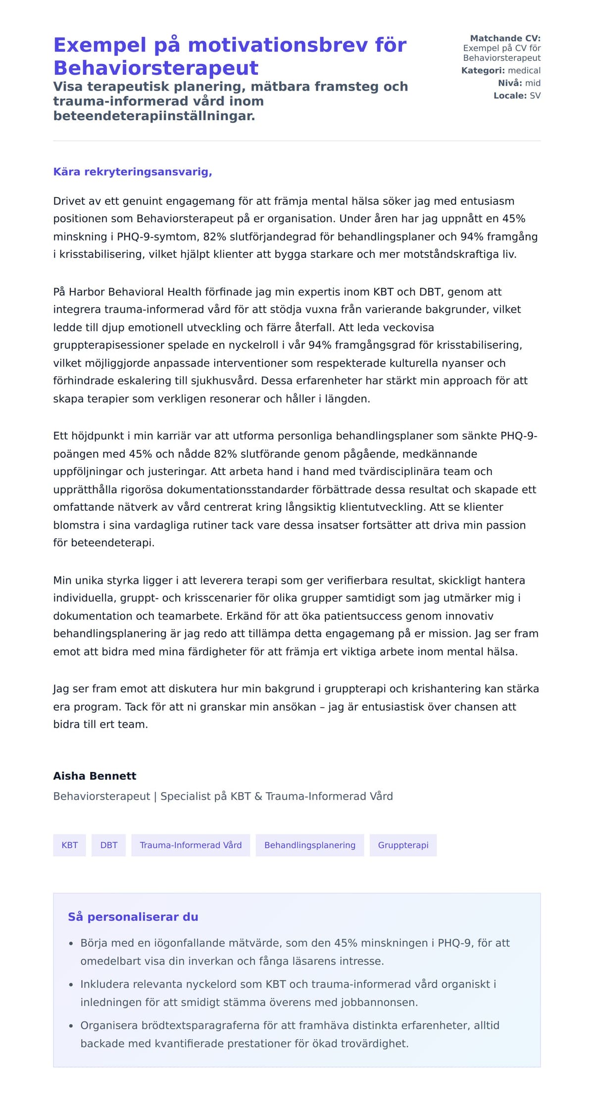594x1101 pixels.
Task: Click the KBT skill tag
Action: pyautogui.click(x=69, y=845)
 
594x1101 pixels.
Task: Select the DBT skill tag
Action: pyautogui.click(x=108, y=845)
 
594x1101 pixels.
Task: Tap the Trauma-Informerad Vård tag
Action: pyautogui.click(x=191, y=845)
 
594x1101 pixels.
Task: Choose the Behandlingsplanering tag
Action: pyautogui.click(x=309, y=845)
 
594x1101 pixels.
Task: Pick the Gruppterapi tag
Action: pyautogui.click(x=403, y=845)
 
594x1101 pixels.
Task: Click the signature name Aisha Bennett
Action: pyautogui.click(x=95, y=776)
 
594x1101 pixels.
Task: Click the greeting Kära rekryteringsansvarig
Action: pyautogui.click(x=132, y=172)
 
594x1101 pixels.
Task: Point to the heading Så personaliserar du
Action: pyautogui.click(x=133, y=917)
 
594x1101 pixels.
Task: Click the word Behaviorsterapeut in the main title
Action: pyautogui.click(x=156, y=68)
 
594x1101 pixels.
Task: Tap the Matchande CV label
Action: pyautogui.click(x=505, y=38)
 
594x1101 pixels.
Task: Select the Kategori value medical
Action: pyautogui.click(x=524, y=70)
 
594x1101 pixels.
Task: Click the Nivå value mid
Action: pyautogui.click(x=533, y=83)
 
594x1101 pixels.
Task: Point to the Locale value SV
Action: pyautogui.click(x=535, y=96)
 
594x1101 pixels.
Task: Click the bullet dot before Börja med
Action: pyautogui.click(x=71, y=944)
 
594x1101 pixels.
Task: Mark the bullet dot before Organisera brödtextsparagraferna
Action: pyautogui.click(x=71, y=1026)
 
